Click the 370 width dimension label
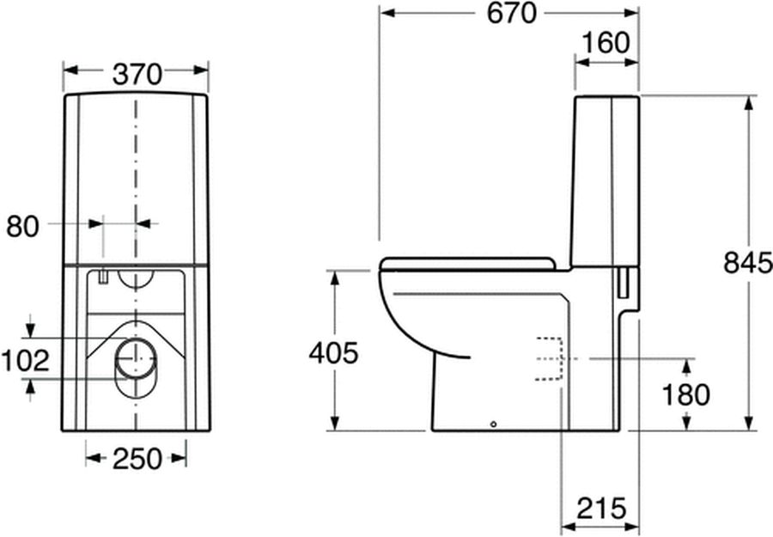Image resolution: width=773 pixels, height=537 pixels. tap(137, 75)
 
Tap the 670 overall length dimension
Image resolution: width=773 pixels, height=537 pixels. tap(511, 13)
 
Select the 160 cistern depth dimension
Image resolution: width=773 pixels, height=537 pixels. tap(606, 43)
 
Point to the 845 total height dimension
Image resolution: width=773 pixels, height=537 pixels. tap(748, 262)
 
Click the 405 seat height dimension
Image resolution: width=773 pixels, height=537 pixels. tap(334, 353)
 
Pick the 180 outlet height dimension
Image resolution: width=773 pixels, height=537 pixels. tap(685, 394)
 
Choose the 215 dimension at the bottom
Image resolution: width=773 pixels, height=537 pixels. tap(601, 508)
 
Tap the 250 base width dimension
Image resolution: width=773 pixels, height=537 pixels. tap(137, 459)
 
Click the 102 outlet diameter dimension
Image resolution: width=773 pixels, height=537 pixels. tap(26, 361)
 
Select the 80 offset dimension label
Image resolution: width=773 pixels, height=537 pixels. tap(22, 227)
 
